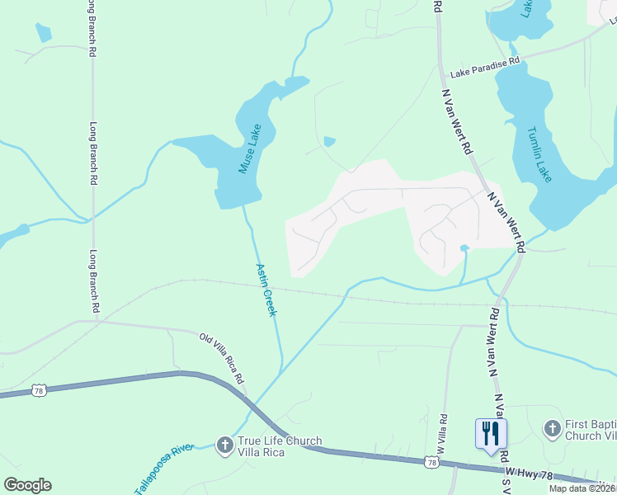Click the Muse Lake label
click(x=249, y=148)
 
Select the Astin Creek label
click(x=266, y=290)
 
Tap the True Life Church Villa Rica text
click(x=280, y=446)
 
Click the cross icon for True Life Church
click(x=224, y=446)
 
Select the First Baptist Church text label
click(x=590, y=430)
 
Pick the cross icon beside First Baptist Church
click(x=552, y=428)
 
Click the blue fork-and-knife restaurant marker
click(x=491, y=432)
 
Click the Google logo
click(x=27, y=485)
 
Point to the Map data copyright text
click(x=582, y=488)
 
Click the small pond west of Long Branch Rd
click(x=43, y=33)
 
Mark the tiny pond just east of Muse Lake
click(x=330, y=142)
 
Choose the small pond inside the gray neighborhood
click(x=464, y=247)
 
